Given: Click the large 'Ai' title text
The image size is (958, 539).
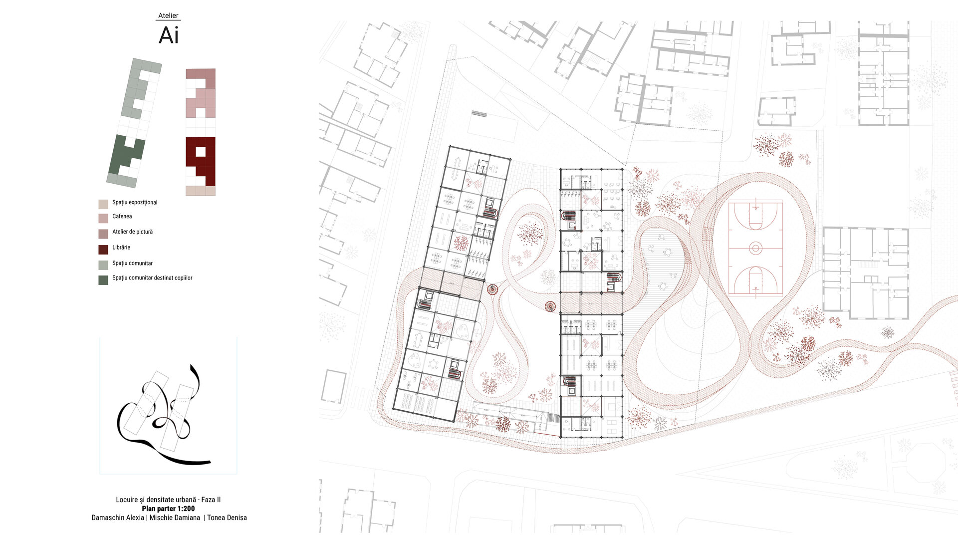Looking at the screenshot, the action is coord(169,35).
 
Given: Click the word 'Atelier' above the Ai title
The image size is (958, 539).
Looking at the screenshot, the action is coord(168,15).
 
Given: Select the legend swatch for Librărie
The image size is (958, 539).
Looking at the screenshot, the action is coord(103,250).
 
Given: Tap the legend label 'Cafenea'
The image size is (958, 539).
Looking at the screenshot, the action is coord(122,216).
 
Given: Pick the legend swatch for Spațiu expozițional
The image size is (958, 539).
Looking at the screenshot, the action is coord(103,204).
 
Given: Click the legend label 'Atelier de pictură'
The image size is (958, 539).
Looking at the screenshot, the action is coord(133,232).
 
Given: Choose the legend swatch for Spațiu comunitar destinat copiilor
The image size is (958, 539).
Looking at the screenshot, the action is coord(103,280).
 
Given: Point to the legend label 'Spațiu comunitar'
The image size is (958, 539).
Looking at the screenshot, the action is coord(133,263).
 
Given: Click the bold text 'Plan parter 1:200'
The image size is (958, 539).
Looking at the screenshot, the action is coord(168,509).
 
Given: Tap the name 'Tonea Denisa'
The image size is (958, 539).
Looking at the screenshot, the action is coord(227,518).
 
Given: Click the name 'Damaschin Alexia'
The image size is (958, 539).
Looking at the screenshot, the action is coord(118,518).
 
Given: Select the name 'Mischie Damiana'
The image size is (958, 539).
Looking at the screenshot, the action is coord(175,518).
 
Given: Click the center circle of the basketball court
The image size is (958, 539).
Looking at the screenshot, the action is coord(755,248).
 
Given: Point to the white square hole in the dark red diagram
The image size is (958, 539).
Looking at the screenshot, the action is coord(201,151).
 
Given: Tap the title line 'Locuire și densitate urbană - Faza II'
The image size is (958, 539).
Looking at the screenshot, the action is coord(168,500).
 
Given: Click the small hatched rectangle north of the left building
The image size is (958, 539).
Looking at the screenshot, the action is coord(479,114).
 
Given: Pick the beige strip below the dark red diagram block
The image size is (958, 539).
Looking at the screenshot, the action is coord(201,191).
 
